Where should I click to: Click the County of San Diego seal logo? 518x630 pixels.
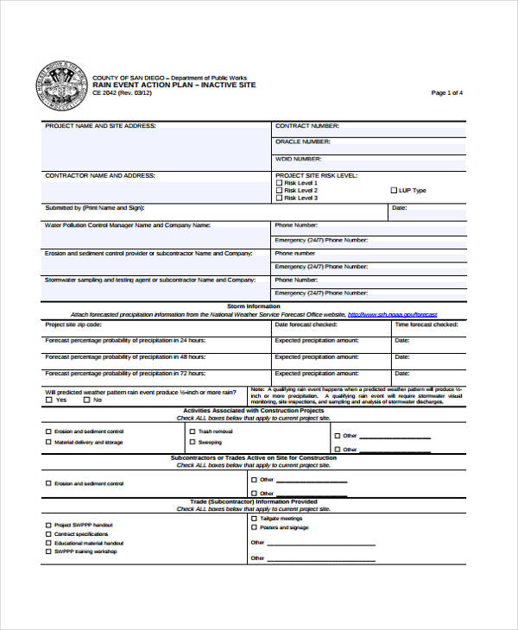click(63, 86)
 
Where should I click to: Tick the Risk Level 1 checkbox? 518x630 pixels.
click(279, 183)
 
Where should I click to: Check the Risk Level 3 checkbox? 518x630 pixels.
click(279, 198)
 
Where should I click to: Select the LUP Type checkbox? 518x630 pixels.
click(393, 191)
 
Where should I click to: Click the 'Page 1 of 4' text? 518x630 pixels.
click(447, 92)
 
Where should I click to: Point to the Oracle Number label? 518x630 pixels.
click(302, 141)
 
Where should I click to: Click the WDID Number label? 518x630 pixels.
click(299, 159)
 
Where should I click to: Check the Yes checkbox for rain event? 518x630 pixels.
click(48, 400)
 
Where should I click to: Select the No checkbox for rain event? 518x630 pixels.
click(86, 400)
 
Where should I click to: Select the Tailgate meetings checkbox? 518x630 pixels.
click(254, 518)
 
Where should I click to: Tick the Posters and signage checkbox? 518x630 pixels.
click(254, 527)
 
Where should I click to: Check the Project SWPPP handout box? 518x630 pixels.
click(47, 525)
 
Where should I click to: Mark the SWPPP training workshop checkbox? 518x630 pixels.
click(47, 551)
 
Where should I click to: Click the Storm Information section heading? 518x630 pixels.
click(253, 306)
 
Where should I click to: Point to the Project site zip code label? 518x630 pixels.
click(73, 325)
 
